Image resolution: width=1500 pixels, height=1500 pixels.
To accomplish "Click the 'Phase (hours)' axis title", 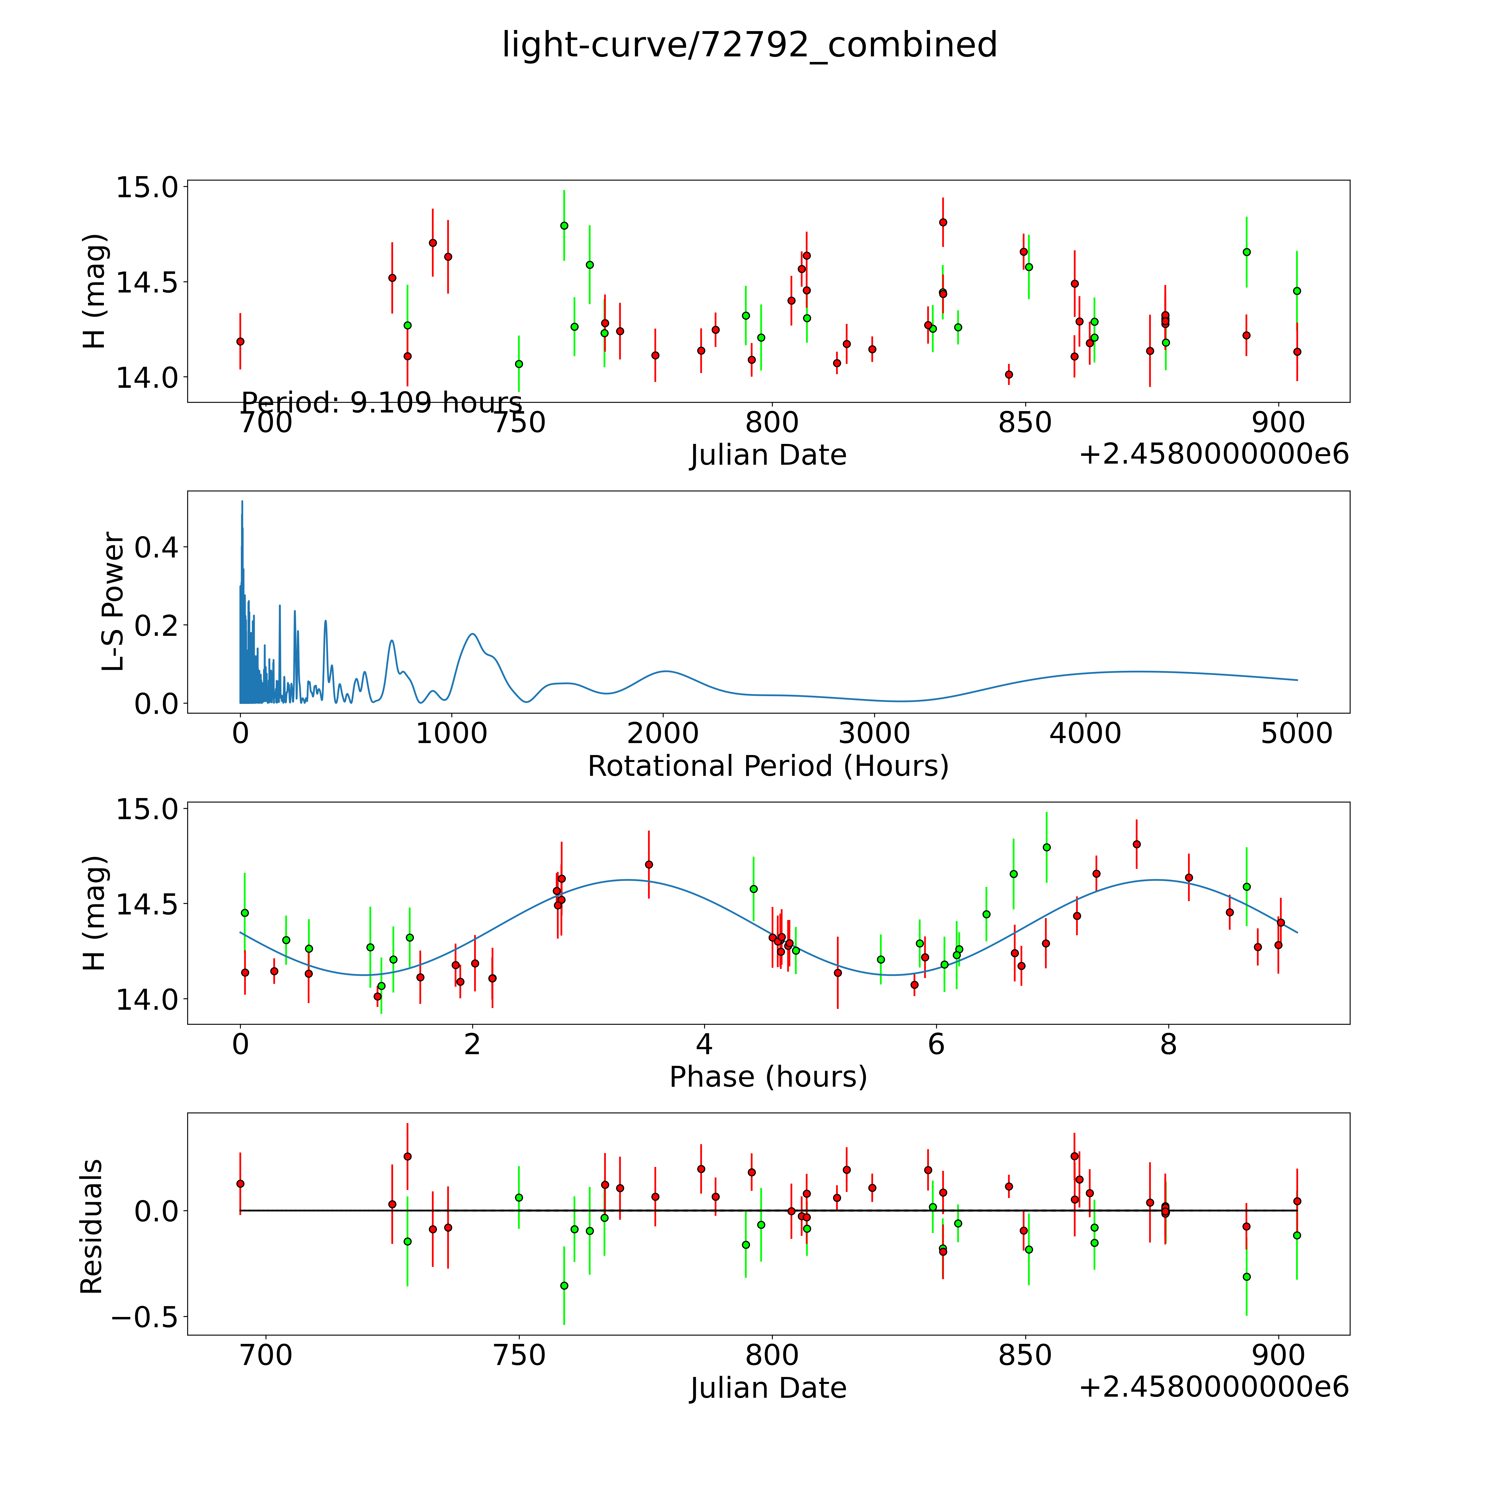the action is coord(768,1077).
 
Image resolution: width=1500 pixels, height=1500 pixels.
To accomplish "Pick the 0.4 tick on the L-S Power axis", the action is coord(156,547).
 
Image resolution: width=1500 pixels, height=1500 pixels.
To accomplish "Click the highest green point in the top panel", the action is coord(564,225).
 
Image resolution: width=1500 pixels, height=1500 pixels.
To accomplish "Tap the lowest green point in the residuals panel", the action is coord(564,1286).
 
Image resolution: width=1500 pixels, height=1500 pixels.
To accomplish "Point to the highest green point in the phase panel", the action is coord(1046,847).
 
